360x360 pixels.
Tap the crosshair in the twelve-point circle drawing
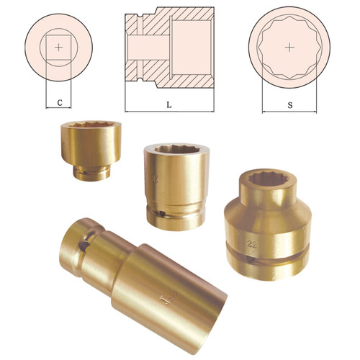tap(289, 48)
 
